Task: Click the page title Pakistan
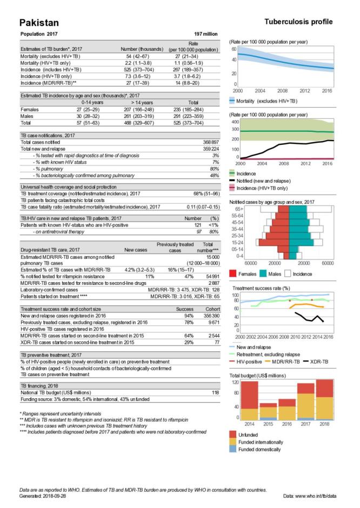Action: point(39,22)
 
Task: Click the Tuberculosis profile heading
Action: point(298,22)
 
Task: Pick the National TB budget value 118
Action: point(215,392)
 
